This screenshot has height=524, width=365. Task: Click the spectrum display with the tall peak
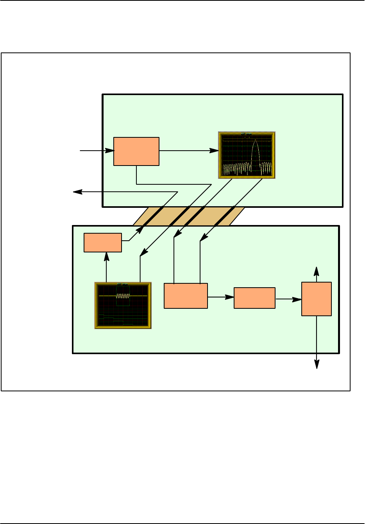tap(247, 155)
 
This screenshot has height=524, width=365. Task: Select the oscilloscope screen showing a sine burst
tap(123, 305)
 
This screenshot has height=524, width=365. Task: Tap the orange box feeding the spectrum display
tap(136, 151)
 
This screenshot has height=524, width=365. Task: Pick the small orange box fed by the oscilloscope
tap(103, 243)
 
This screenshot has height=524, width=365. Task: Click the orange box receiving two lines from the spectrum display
tap(186, 296)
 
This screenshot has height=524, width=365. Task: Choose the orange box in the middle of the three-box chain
tap(254, 298)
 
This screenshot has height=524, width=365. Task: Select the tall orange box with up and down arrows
tap(317, 299)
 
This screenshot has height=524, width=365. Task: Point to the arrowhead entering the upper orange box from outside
tap(110, 150)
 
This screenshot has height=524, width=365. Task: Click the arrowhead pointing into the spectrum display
tap(215, 151)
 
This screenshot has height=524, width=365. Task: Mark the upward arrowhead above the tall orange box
tap(317, 271)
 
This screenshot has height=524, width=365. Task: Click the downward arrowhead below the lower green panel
tap(317, 365)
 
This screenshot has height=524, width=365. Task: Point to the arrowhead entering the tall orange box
tap(298, 299)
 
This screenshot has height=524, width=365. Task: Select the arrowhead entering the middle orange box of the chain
tap(230, 297)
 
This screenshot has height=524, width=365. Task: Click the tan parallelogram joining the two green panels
tap(189, 216)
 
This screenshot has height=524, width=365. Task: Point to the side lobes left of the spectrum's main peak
tap(236, 168)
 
